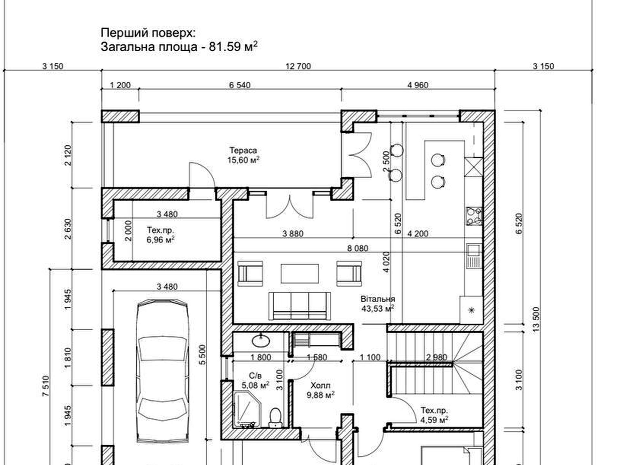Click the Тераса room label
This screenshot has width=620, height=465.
pos(243,150)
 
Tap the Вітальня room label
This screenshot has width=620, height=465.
pos(377,299)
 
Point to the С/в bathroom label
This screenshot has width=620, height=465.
pos(255,376)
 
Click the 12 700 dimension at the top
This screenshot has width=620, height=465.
pos(298,66)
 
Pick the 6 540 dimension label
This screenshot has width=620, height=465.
pos(240,85)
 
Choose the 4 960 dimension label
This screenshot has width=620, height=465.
pos(418,85)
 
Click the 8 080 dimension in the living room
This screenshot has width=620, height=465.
pos(357,248)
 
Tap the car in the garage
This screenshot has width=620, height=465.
pos(162,371)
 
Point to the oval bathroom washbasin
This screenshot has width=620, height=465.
pos(261,340)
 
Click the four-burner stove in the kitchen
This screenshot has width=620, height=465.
pos(474,216)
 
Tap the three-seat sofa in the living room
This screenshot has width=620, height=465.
pos(300,306)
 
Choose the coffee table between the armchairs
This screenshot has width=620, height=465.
pos(300,274)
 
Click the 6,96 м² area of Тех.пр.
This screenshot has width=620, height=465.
pos(160,240)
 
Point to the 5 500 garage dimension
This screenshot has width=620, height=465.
pos(202,355)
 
